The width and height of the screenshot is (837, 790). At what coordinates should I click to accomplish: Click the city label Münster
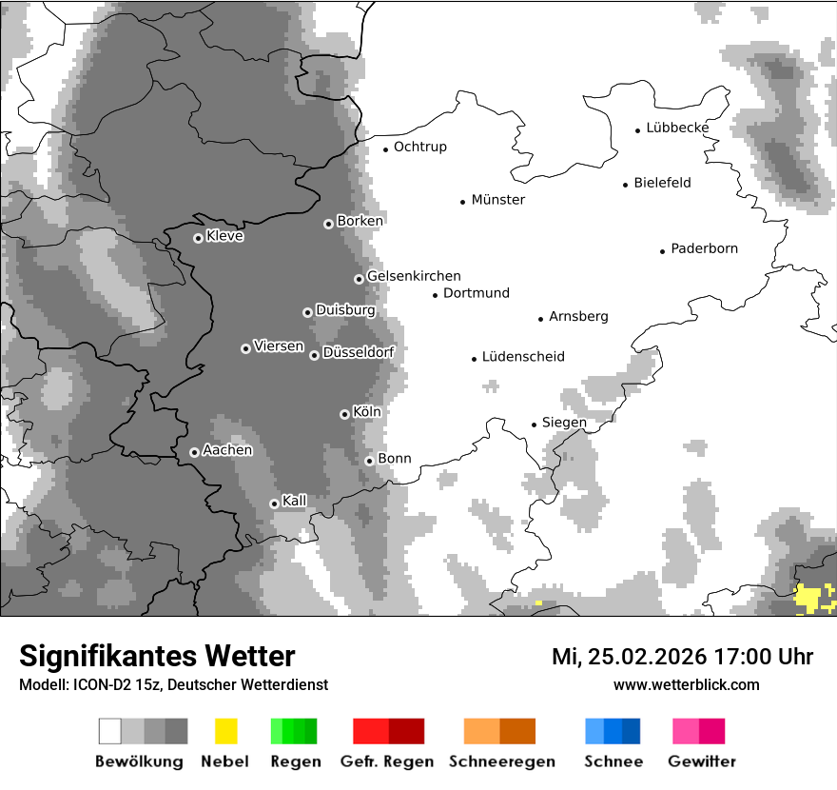click(x=498, y=200)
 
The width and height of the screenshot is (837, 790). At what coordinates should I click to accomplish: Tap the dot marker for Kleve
click(x=198, y=238)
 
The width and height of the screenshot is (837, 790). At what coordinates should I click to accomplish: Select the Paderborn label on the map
click(x=704, y=249)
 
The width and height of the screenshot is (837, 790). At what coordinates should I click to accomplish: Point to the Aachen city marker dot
click(x=194, y=452)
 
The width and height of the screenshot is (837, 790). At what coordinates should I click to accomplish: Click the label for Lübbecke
click(x=677, y=128)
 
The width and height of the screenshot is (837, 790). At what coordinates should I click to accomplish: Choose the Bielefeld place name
click(x=662, y=183)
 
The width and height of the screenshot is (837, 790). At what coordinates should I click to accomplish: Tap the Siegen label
click(x=564, y=423)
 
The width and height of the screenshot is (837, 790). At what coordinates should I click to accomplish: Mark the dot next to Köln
click(x=344, y=414)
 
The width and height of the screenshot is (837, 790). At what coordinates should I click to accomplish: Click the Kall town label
click(x=295, y=501)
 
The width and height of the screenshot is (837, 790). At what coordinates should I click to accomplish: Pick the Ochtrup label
click(x=419, y=147)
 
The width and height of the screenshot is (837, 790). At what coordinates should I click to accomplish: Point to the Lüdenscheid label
click(x=523, y=357)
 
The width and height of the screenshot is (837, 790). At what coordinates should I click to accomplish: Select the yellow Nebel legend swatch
click(x=226, y=731)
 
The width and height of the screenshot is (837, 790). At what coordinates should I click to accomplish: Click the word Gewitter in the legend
click(x=702, y=761)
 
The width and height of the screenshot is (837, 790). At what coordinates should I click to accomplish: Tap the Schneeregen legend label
click(x=499, y=761)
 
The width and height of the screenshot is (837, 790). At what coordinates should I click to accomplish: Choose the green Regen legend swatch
click(x=294, y=731)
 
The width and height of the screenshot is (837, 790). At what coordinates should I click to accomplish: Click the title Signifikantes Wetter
click(x=157, y=656)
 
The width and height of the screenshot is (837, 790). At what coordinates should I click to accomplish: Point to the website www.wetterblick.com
click(x=686, y=684)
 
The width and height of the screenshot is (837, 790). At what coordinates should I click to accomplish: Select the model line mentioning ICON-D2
click(x=173, y=684)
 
